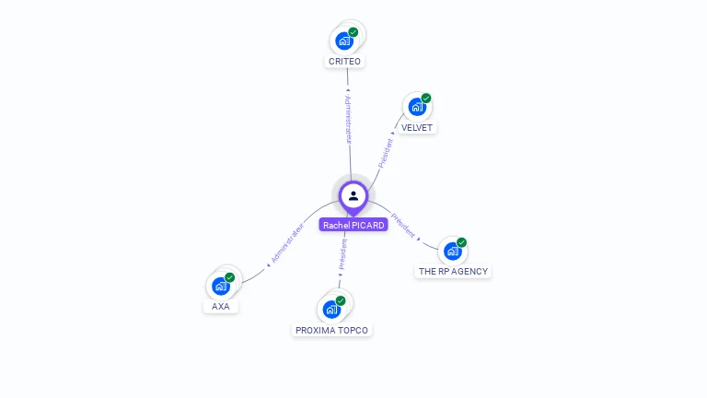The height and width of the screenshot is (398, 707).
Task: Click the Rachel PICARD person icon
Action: (x=353, y=195)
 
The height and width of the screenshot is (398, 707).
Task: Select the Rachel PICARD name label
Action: (x=353, y=225)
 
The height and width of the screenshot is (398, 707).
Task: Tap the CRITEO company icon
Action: (x=344, y=41)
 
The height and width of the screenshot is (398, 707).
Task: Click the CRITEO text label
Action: (x=345, y=62)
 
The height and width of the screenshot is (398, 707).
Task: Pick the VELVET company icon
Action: (x=417, y=107)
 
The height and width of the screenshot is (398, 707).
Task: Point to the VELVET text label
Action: (x=417, y=128)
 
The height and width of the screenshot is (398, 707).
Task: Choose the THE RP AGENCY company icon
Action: (x=452, y=251)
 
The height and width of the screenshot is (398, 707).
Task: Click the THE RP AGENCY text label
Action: (x=453, y=272)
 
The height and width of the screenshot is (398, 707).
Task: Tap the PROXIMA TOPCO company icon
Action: (x=331, y=309)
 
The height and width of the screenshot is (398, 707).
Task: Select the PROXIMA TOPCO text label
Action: (x=333, y=330)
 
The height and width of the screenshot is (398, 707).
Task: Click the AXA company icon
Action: (x=221, y=286)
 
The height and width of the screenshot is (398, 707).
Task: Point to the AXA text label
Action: (x=221, y=307)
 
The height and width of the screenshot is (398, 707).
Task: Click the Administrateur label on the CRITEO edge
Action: (x=348, y=118)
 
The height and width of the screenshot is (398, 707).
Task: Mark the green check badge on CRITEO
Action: (x=353, y=32)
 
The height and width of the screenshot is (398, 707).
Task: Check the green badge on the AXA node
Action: (x=230, y=277)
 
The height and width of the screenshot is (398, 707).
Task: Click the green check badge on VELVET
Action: (x=426, y=99)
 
